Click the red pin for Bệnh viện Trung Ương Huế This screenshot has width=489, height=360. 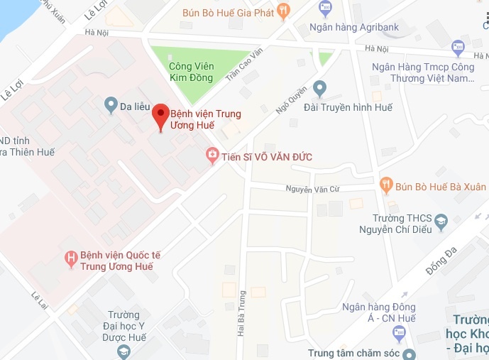coord(161,115)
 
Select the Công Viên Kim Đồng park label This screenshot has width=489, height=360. coord(190,72)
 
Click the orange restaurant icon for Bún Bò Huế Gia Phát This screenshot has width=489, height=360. coord(284,10)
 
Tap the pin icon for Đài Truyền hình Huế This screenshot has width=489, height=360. coord(319,88)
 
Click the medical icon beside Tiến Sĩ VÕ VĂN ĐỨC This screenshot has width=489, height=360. coord(211,156)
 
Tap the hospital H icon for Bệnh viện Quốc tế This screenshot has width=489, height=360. coord(70,260)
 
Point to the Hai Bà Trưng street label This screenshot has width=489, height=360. coord(242,312)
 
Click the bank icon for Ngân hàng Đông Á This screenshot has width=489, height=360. coord(405,297)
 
